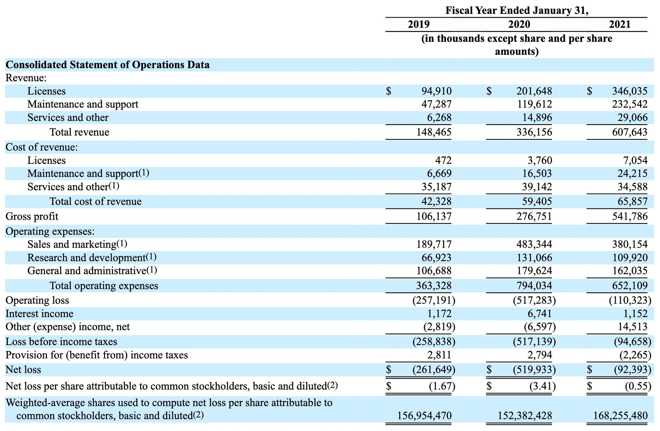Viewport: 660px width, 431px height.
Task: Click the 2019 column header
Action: pos(419,24)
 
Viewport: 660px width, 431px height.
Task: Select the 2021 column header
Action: pos(620,24)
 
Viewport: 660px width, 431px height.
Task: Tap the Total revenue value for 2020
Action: pos(534,132)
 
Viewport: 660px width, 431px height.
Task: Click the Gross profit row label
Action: pos(32,216)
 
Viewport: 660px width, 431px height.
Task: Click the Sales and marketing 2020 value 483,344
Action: pos(534,244)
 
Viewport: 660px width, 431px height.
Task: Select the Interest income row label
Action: pos(39,313)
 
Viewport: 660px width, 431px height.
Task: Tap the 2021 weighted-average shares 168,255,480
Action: pos(620,415)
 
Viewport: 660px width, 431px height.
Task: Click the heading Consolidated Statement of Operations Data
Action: pos(108,65)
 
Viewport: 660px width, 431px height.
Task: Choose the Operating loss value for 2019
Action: pos(434,300)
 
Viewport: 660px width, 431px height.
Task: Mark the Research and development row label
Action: pos(92,257)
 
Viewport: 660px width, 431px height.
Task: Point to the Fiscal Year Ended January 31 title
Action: pos(517,10)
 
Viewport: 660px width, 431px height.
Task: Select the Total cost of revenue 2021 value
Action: pos(633,201)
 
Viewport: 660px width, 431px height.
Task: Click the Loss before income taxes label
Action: pos(61,341)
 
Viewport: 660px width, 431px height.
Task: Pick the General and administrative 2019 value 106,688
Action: pos(434,271)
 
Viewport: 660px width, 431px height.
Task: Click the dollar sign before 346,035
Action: pos(589,91)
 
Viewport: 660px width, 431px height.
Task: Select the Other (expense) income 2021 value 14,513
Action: pos(633,327)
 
